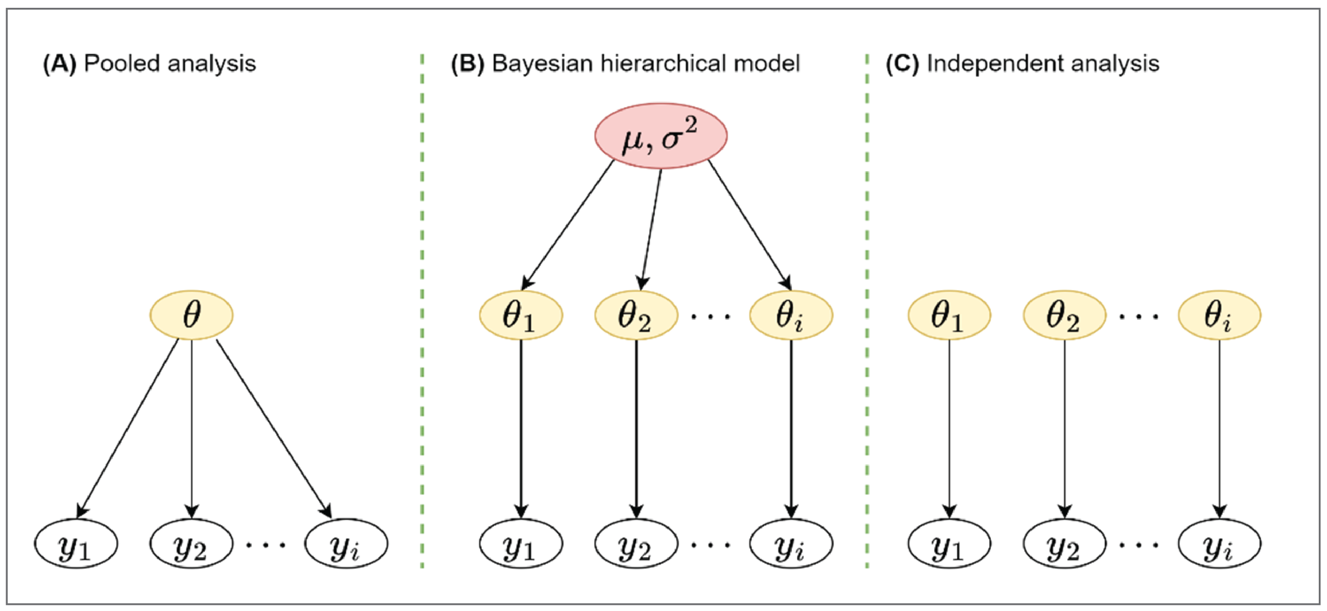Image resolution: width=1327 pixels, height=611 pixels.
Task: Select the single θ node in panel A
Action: pyautogui.click(x=191, y=315)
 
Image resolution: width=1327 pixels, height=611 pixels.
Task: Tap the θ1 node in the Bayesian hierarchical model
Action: pyautogui.click(x=521, y=315)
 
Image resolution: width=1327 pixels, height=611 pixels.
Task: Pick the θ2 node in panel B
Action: pyautogui.click(x=636, y=315)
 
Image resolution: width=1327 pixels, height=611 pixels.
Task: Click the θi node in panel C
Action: pyautogui.click(x=1219, y=315)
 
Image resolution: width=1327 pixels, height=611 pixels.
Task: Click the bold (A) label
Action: pyautogui.click(x=60, y=64)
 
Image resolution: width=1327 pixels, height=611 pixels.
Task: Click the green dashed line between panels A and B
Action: pyautogui.click(x=422, y=309)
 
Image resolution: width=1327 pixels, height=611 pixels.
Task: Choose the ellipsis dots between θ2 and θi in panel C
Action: pyautogui.click(x=1138, y=316)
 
